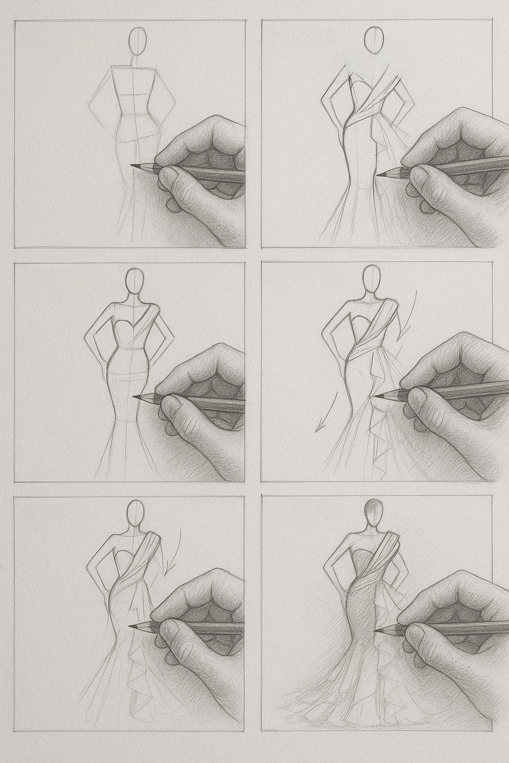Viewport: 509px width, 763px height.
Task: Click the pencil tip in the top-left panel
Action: point(133,165)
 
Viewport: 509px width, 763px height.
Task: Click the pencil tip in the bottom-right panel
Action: point(375,630)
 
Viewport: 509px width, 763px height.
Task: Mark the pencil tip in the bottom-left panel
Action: point(130,627)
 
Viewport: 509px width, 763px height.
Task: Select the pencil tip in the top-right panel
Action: point(378,174)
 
